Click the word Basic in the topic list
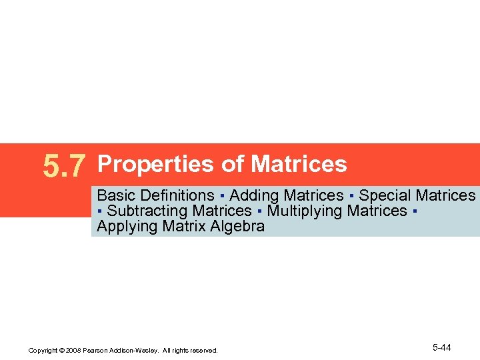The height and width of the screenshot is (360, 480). pos(115,195)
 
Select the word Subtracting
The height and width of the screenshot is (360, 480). pos(147,211)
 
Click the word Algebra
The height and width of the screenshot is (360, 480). pos(238,226)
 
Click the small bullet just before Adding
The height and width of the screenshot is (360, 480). pos(221,196)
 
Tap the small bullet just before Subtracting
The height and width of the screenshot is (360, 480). pos(99,211)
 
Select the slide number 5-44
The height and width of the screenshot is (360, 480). pos(442,348)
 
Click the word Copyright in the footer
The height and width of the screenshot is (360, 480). pos(42,350)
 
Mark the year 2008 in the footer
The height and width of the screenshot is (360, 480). pos(73,350)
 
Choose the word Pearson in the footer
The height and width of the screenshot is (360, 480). pos(95,350)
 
